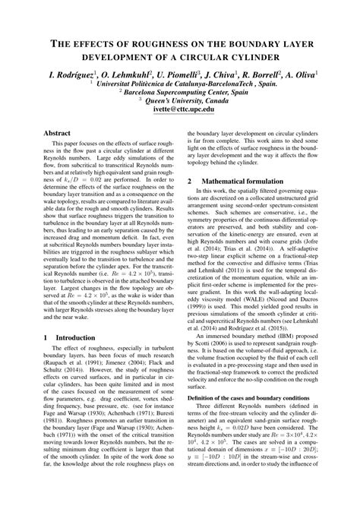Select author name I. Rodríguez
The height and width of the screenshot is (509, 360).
(74, 75)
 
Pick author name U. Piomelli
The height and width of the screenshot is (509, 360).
(177, 75)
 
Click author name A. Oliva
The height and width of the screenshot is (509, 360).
(299, 75)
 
